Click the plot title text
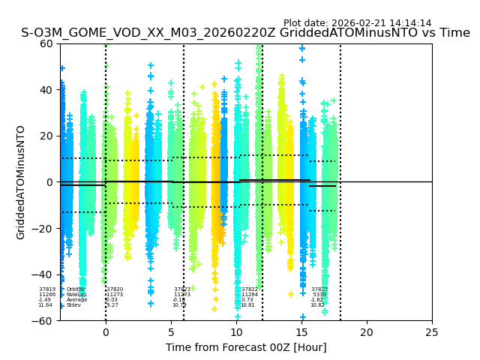point(245,33)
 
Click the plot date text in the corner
point(357,23)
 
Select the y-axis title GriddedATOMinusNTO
point(21,182)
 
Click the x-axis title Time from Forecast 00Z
point(246,347)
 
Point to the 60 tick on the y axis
point(46,43)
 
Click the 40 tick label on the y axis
point(46,90)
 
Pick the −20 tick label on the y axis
point(43,229)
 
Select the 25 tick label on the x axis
point(432,332)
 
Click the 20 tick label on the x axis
point(367,332)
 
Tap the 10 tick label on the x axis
point(236,332)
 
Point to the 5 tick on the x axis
point(171,332)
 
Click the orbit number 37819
point(47,289)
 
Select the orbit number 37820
point(115,289)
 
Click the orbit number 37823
point(319,289)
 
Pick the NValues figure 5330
point(319,295)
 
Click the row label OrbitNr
point(74,289)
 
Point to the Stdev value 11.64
point(46,305)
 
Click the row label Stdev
point(73,305)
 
